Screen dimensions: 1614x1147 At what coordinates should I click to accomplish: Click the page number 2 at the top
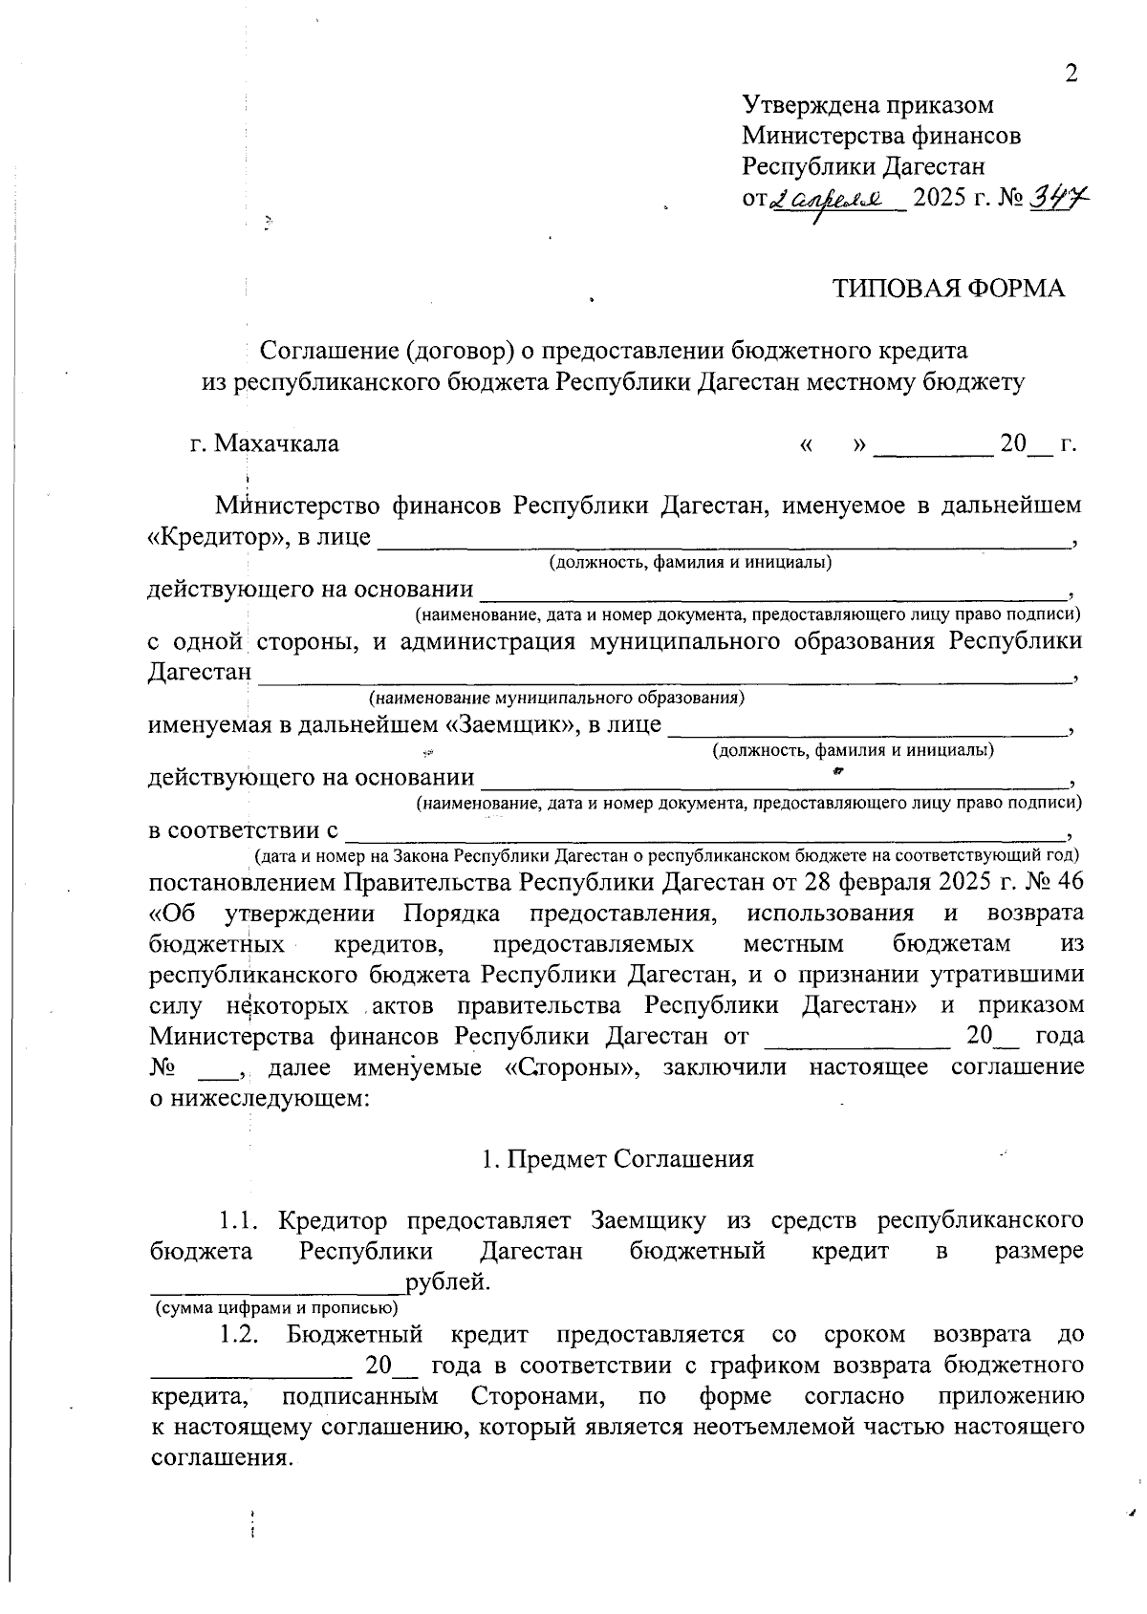1071,75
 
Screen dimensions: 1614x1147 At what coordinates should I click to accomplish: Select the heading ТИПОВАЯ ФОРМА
948,289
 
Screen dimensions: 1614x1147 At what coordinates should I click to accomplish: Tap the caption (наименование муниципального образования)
556,699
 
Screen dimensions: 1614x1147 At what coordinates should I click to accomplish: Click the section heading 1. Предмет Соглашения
617,1159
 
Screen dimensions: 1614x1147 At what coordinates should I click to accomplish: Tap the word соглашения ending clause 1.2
218,1459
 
